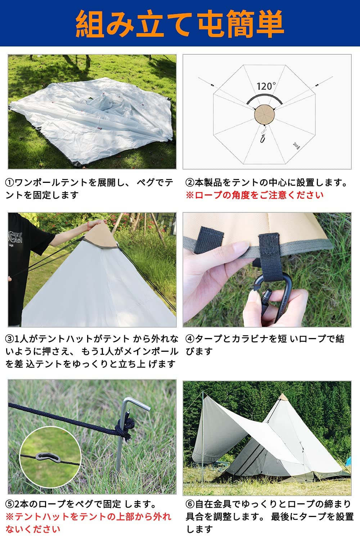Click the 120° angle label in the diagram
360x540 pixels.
(266, 86)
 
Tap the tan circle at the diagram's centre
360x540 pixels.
(265, 115)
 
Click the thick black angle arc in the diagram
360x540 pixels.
(265, 96)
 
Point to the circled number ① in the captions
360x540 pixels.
(10, 183)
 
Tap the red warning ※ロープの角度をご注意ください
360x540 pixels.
(255, 195)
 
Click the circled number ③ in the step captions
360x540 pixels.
(10, 339)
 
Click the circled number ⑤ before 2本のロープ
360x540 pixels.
(10, 504)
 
